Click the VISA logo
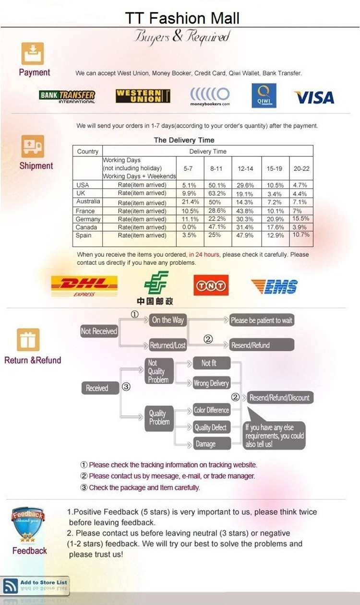[x=314, y=97]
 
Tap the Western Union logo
[x=143, y=96]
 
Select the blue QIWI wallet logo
[x=264, y=95]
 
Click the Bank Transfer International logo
[x=67, y=97]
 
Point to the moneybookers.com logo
[x=210, y=97]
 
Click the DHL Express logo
[x=84, y=286]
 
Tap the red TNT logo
[x=211, y=285]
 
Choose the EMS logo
[x=274, y=286]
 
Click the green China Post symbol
[x=156, y=283]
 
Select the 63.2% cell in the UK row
[x=217, y=193]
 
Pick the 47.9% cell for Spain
[x=245, y=235]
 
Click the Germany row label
[x=88, y=219]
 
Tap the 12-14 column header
[x=245, y=169]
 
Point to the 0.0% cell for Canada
[x=189, y=227]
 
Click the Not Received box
[x=99, y=331]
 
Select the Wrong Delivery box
[x=212, y=383]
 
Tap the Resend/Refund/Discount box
[x=280, y=398]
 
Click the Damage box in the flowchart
[x=212, y=444]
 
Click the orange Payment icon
[x=33, y=54]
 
